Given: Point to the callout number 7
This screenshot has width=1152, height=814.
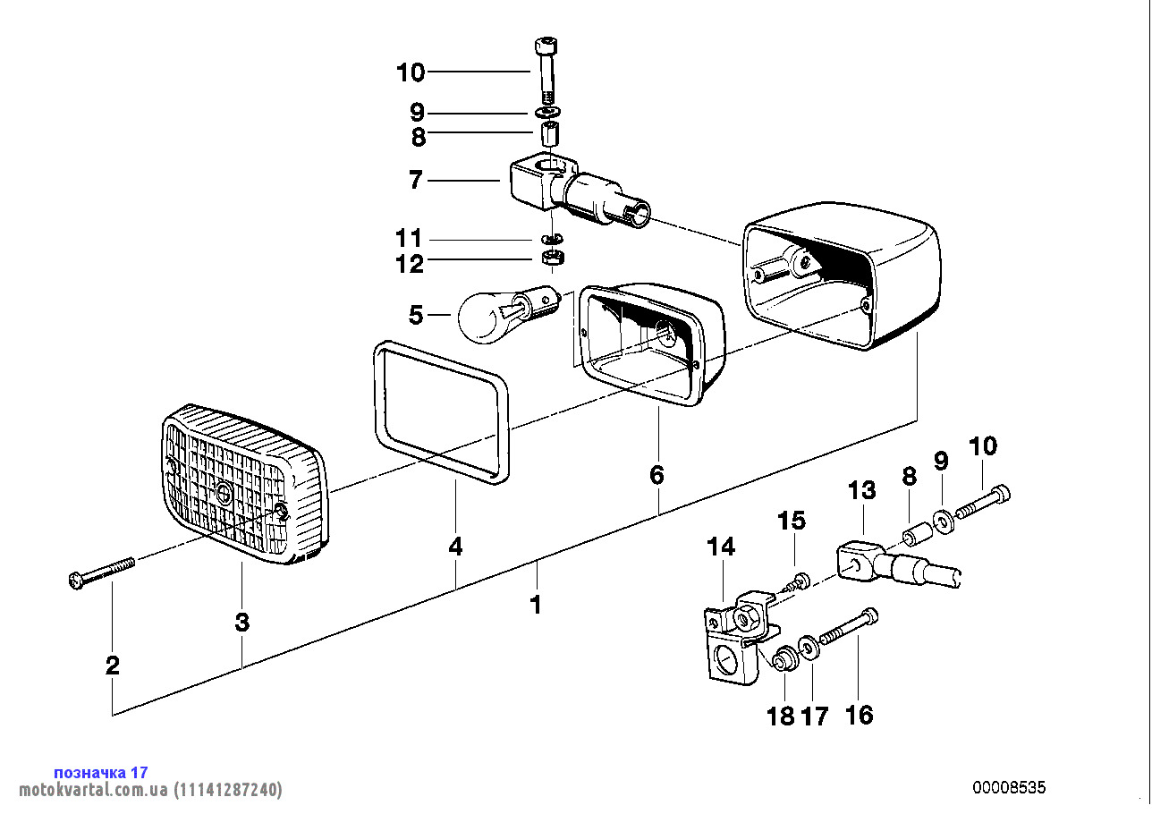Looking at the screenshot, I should [415, 181].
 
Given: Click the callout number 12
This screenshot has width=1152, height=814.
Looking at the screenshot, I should [411, 264].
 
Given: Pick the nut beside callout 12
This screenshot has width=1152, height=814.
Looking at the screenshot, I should [552, 259].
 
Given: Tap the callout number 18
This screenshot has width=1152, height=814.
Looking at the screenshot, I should [781, 716].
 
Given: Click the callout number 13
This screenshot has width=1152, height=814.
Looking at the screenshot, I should [862, 490].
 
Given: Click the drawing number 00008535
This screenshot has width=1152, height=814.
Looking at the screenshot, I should [1009, 788].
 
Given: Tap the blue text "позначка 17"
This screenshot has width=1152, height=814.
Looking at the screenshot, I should [101, 772].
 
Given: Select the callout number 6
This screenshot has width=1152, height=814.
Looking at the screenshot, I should [657, 475].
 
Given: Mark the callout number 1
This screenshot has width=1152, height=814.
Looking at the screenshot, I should [535, 606].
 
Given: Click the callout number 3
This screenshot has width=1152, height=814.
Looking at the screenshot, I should [242, 623].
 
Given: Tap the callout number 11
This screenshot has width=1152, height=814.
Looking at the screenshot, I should [409, 239].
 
